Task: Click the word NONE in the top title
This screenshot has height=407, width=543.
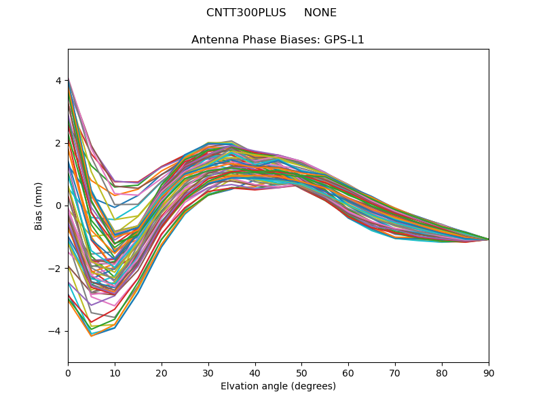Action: pos(320,13)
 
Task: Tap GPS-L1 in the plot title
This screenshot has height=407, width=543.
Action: pos(343,40)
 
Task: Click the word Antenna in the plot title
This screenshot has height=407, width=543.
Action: pos(213,40)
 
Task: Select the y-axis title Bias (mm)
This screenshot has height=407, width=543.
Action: pos(39,206)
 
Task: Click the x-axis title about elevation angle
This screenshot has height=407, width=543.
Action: pos(278,387)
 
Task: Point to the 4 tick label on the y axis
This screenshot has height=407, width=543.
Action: pos(58,81)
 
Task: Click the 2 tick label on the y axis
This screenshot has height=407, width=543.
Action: pos(58,143)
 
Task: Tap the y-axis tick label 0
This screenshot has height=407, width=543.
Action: pos(58,206)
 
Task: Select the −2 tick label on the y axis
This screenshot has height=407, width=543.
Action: pos(56,269)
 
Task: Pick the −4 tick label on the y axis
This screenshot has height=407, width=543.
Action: pos(56,331)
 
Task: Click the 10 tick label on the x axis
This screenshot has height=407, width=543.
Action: pos(115,372)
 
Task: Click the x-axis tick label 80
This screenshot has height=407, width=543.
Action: pos(442,372)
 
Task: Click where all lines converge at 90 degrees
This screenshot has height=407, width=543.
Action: pos(488,239)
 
